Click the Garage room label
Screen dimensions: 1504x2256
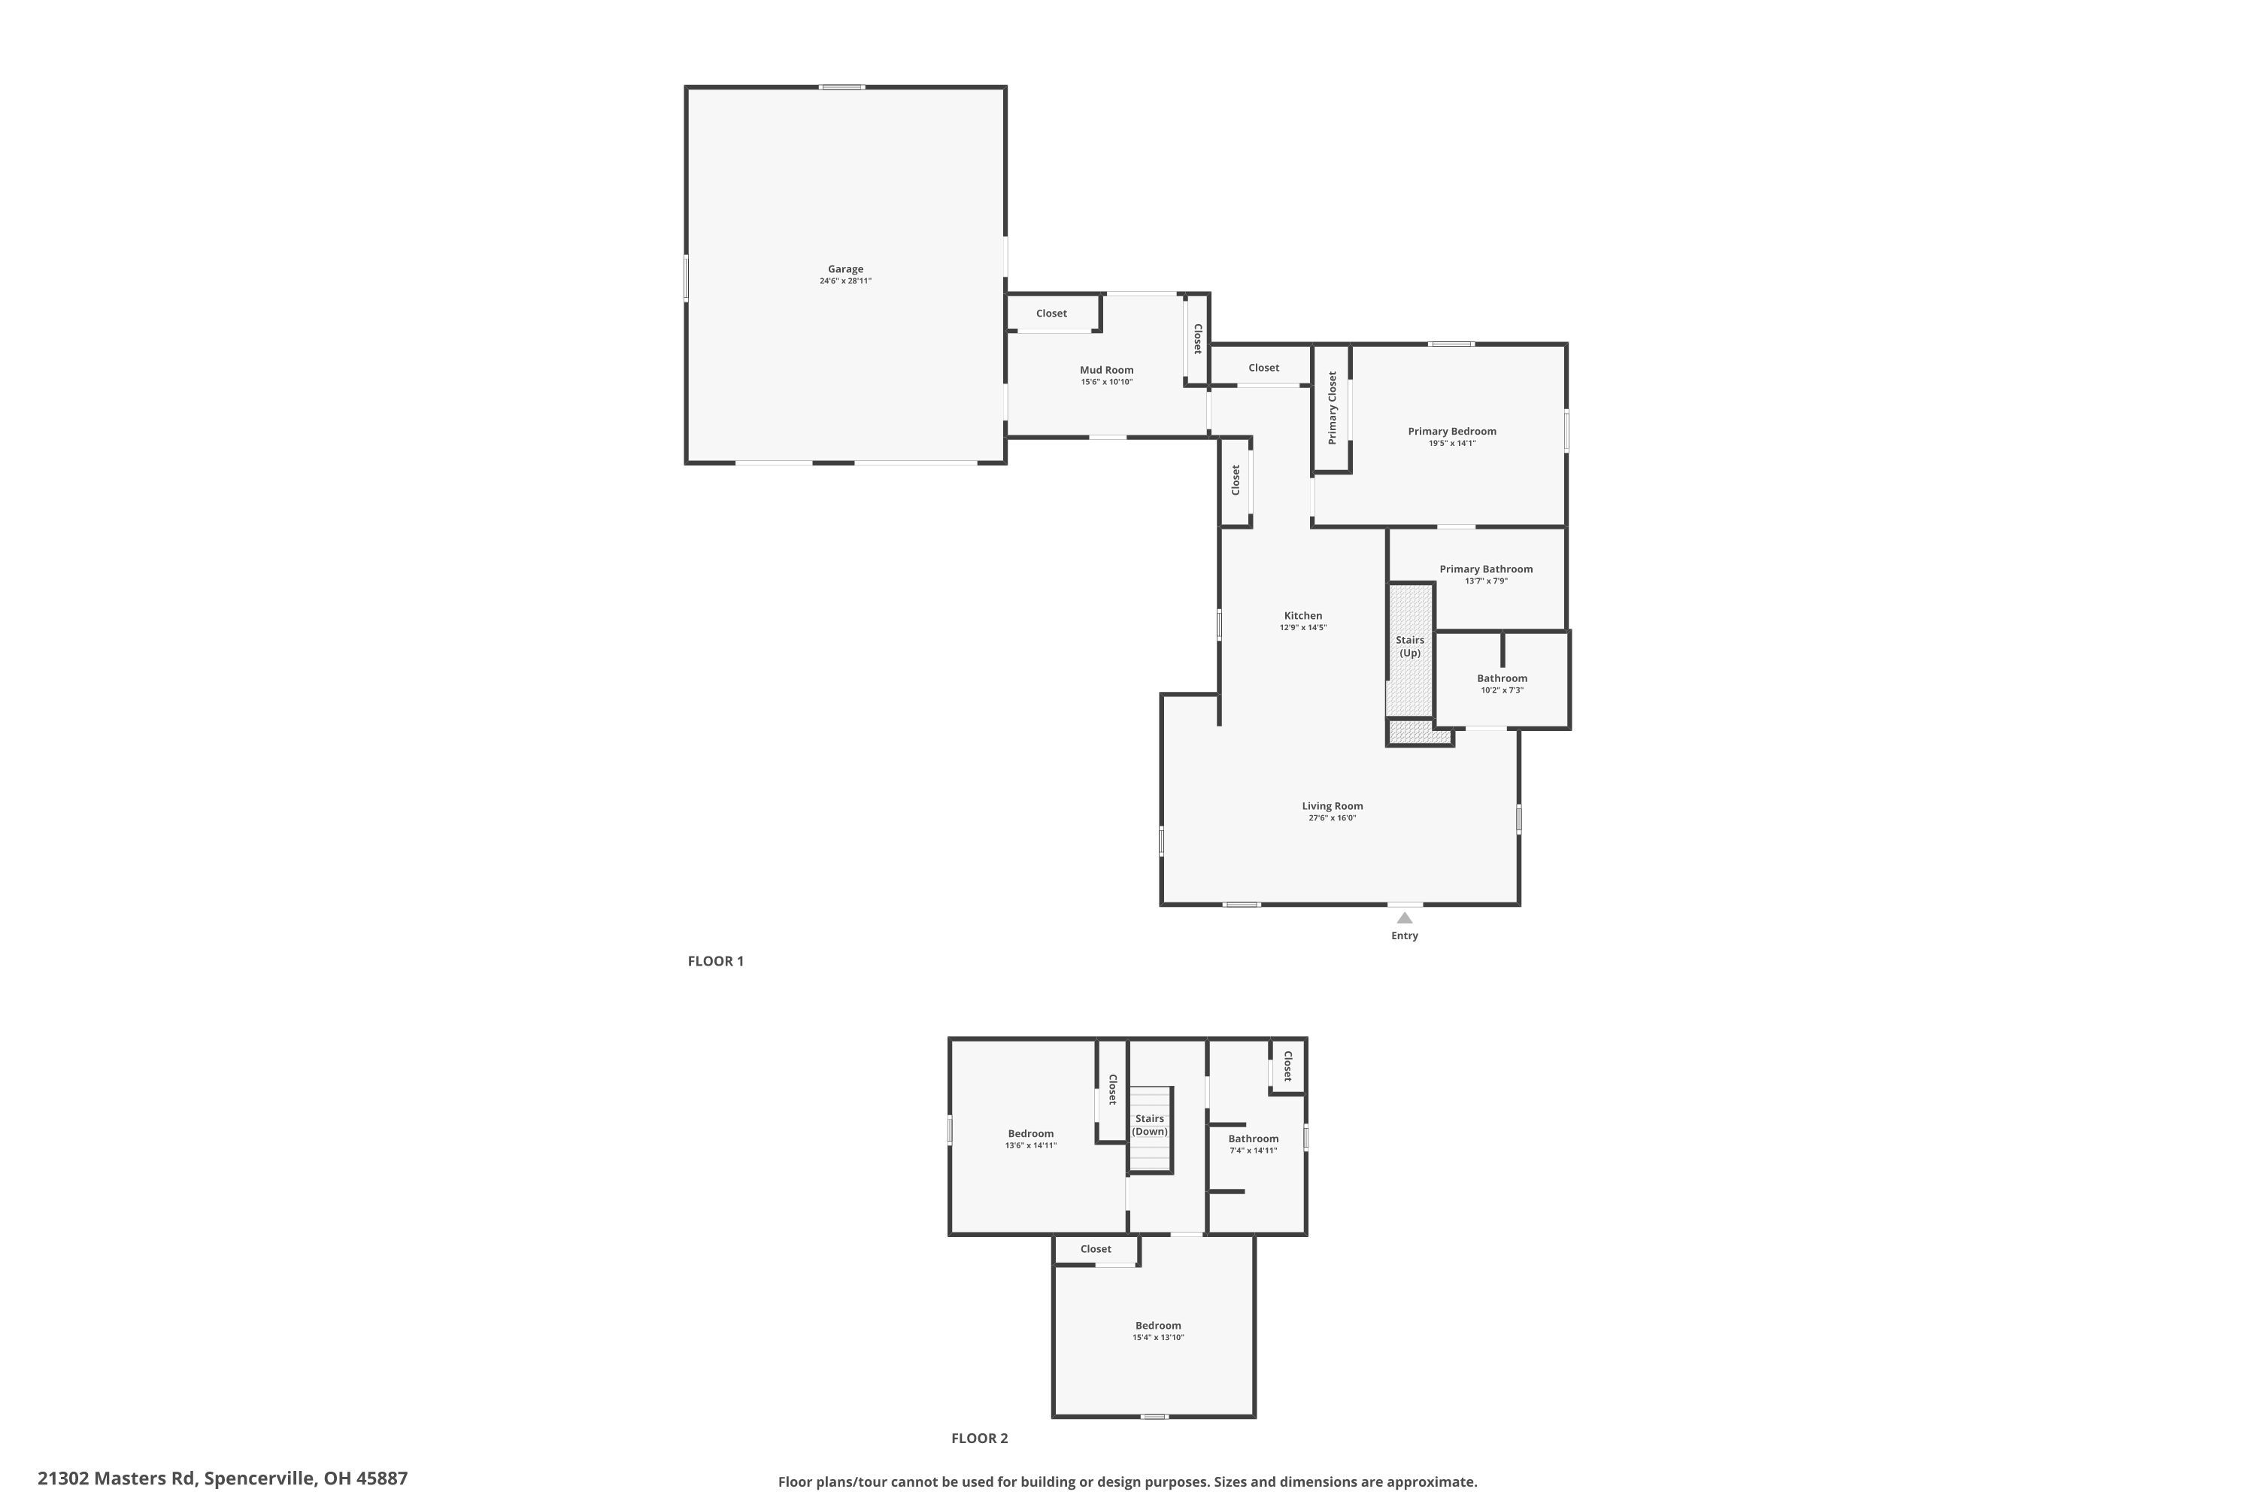click(845, 269)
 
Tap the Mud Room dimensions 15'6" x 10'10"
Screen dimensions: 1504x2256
click(1106, 382)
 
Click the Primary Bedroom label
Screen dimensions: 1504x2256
click(1451, 432)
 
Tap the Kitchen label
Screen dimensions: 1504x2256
click(1302, 616)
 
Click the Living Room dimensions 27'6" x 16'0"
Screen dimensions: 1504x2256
click(1331, 818)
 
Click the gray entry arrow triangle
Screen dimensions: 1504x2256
click(1404, 918)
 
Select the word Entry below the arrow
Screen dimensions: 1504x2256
click(1404, 936)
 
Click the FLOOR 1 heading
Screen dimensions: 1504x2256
click(716, 961)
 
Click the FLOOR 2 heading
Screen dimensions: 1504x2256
click(979, 1438)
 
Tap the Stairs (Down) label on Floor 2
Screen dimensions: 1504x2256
click(1149, 1125)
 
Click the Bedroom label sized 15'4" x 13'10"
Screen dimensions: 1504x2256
click(1158, 1326)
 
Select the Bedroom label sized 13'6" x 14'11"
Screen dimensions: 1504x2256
click(1030, 1134)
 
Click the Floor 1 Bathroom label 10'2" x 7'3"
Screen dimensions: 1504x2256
click(1501, 679)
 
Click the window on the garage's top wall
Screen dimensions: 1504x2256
click(841, 87)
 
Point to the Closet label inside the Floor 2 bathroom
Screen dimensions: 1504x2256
click(1287, 1066)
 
